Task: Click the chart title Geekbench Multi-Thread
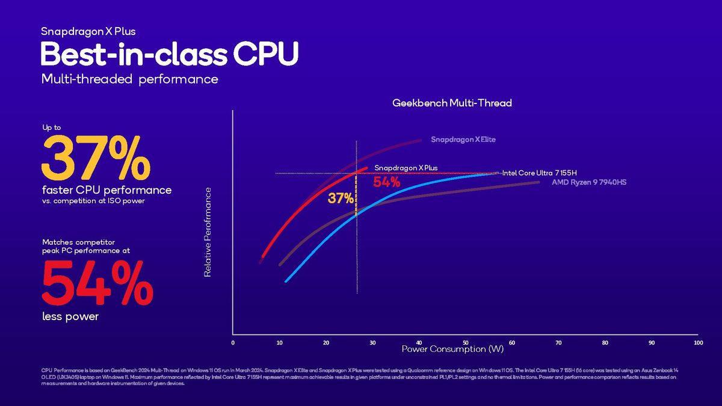point(452,103)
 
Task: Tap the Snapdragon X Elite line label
point(463,140)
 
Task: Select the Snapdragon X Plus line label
point(407,168)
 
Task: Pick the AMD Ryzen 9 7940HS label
point(589,182)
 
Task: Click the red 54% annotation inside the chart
point(386,182)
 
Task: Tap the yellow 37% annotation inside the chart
point(341,198)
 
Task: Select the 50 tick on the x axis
point(465,343)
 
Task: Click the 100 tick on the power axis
point(698,343)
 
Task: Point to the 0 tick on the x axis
point(233,343)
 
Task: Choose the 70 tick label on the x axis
point(558,343)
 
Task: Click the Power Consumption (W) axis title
point(452,349)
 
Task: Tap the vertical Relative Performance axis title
point(208,232)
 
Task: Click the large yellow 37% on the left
point(96,158)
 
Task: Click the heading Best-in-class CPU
point(169,54)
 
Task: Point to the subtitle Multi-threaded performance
point(129,79)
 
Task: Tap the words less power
point(70,316)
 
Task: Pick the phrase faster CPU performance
point(106,190)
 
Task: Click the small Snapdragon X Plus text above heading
point(84,31)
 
